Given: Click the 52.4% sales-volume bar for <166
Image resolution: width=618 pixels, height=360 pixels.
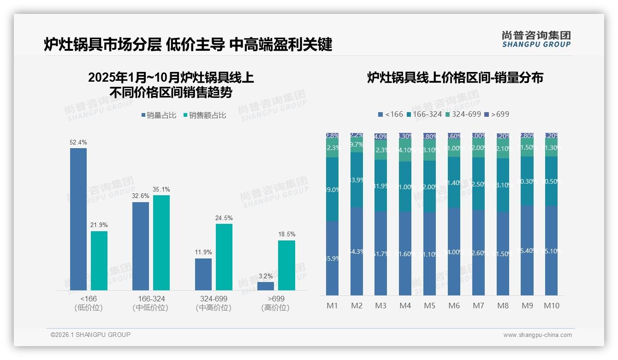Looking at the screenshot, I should (78, 219).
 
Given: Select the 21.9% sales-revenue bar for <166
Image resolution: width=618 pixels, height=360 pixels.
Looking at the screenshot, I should (99, 261).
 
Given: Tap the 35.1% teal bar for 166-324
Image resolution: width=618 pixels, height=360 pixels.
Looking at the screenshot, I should (161, 243).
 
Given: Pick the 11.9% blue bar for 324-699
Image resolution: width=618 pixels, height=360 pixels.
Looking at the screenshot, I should (203, 274).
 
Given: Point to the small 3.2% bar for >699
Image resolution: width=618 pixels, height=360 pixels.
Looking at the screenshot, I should (266, 286).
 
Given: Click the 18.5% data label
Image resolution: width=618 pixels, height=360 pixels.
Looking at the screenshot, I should (286, 234).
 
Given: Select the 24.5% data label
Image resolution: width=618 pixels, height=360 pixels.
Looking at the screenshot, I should (224, 218).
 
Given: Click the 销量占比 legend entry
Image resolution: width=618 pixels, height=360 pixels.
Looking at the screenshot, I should (158, 115).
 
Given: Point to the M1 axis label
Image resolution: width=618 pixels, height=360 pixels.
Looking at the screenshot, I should (332, 306).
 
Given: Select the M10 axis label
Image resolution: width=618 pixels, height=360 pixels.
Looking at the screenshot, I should (552, 306).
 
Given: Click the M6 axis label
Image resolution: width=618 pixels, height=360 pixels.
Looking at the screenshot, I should (454, 306).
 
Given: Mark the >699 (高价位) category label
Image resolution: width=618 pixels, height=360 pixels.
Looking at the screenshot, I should (275, 303).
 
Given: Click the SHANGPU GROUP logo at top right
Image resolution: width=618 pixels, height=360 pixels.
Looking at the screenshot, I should (536, 39).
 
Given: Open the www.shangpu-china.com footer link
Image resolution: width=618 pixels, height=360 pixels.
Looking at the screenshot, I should (537, 335).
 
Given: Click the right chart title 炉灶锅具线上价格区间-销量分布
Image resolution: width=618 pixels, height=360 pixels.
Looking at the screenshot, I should (455, 78).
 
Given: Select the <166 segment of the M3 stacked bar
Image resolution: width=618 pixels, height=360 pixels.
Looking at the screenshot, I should (381, 253).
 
